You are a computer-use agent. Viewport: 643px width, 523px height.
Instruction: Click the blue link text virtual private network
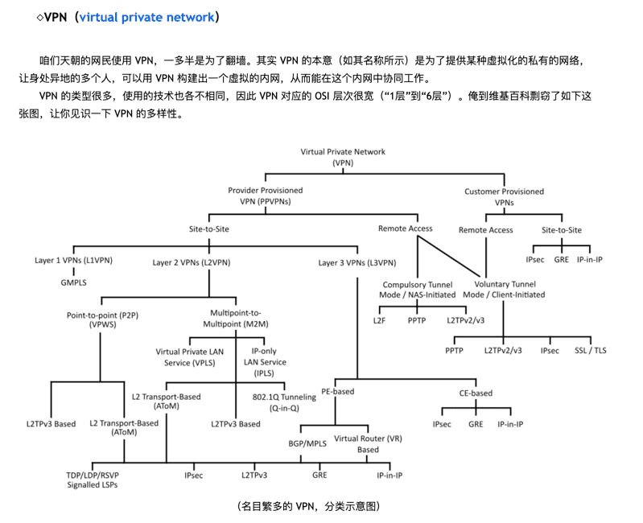coord(146,17)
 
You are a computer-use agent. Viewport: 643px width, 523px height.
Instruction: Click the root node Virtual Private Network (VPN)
coord(343,157)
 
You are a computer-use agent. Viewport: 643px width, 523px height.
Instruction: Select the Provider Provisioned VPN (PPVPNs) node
coord(266,196)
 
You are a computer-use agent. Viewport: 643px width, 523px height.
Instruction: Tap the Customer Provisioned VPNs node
coord(504,197)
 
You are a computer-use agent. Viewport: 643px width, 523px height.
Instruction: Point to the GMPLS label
coord(73,282)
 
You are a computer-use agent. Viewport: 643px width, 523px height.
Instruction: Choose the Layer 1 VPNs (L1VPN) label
coord(73,260)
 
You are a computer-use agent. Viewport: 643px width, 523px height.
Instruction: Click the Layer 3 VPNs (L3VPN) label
coord(357,263)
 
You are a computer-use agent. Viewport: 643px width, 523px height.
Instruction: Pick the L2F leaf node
coord(379,320)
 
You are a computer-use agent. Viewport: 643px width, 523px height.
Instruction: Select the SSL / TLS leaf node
coord(591,351)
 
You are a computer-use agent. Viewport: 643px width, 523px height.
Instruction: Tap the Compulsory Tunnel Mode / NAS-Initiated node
coord(418,290)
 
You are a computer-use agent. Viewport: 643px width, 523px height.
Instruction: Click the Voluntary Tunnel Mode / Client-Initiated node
coord(504,290)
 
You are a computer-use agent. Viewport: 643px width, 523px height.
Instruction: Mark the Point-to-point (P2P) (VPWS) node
coord(102,319)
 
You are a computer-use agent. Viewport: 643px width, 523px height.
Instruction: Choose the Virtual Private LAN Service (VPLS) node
coord(189,357)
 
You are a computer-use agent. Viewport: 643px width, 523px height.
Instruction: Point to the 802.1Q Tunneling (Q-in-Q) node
coord(284,402)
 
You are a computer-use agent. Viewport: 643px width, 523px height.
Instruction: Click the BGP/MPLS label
coord(307,443)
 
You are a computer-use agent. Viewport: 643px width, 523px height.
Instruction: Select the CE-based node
coord(476,393)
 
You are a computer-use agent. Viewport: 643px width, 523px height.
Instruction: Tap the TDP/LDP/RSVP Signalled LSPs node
coord(93,480)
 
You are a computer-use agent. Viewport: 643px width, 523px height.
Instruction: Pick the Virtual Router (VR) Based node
coord(368,444)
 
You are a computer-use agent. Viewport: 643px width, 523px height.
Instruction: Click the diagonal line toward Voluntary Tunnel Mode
coord(448,256)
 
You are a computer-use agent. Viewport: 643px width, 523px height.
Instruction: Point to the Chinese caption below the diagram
coord(308,506)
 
